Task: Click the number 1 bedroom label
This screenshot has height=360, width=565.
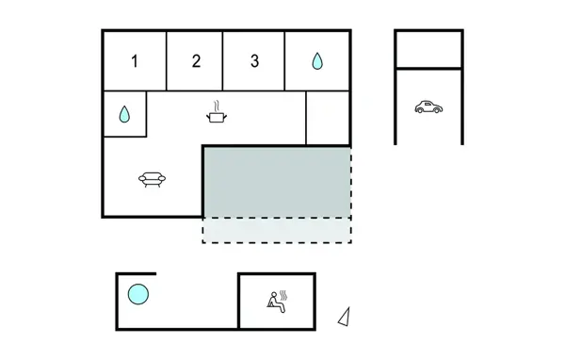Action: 135,62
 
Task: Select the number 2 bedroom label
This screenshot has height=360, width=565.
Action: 196,62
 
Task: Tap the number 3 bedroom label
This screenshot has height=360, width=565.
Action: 254,62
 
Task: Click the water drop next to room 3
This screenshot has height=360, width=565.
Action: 317,62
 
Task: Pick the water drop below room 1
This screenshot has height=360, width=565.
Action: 124,115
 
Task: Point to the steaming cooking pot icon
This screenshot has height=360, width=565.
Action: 218,117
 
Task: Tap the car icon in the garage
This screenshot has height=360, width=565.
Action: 428,107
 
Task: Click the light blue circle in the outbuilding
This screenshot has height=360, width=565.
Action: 138,295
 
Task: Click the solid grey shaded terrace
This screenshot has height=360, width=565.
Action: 277,181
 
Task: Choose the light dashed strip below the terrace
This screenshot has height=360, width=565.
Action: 277,230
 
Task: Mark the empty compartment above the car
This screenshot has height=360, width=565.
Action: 428,49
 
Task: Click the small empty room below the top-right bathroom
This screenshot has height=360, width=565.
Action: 328,118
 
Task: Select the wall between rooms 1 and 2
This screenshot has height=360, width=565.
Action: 167,60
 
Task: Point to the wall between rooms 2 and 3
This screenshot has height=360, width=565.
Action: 223,60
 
